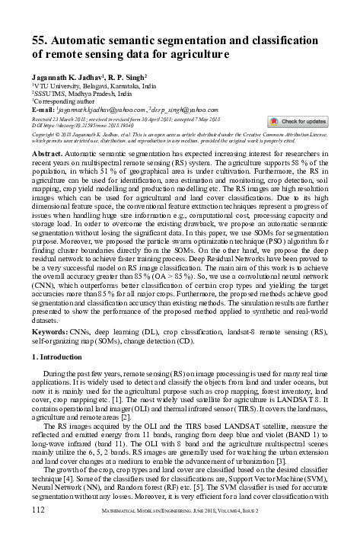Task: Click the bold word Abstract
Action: click(x=47, y=153)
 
